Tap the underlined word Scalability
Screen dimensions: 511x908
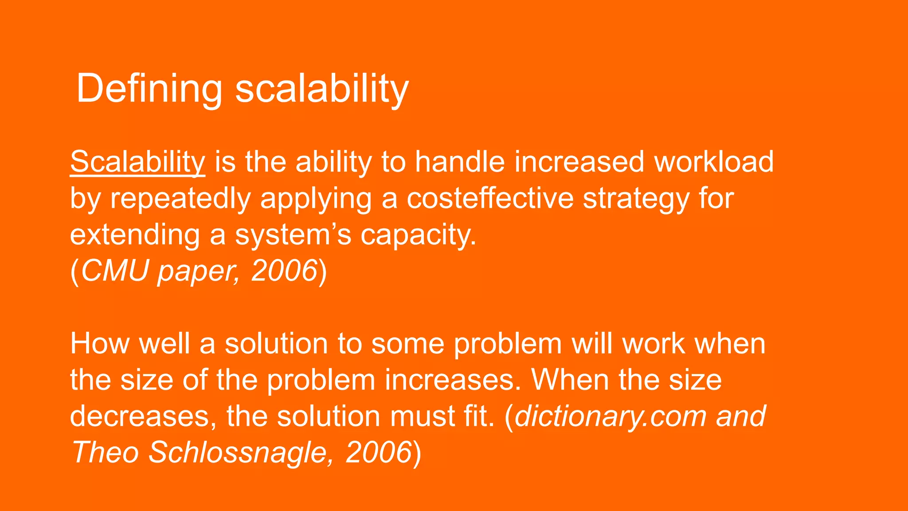[137, 162]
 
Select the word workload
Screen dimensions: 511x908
[714, 162]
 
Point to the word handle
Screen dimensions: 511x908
[459, 162]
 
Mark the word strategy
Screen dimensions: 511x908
[636, 198]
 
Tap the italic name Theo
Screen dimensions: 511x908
[105, 453]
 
